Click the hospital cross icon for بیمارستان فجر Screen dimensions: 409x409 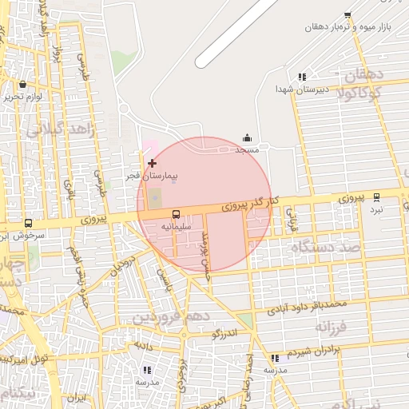[152, 163]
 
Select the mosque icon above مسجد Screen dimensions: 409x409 [247, 137]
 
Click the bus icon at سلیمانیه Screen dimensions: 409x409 [176, 214]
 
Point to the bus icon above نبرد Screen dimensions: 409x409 [376, 197]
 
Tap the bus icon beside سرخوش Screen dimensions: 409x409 [29, 223]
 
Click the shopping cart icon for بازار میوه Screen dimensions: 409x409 [347, 15]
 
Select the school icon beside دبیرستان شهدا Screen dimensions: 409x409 [302, 77]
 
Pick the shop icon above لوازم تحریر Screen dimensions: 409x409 [22, 84]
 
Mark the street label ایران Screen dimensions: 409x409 [75, 397]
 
